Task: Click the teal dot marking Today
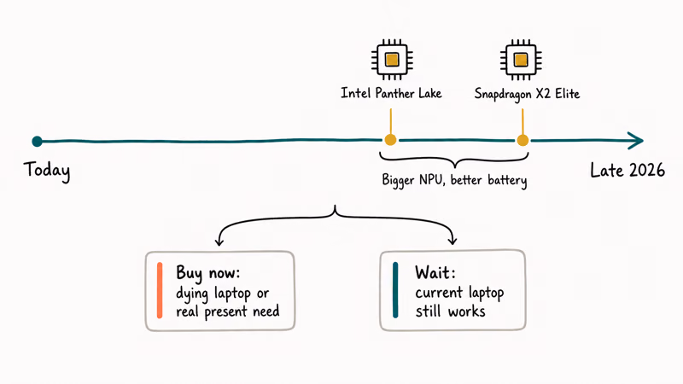(x=37, y=141)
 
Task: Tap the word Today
(x=47, y=170)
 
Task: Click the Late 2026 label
(x=628, y=170)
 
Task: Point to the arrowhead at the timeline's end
(x=638, y=140)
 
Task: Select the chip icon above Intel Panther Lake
(x=392, y=60)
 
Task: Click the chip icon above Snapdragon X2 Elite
(x=521, y=60)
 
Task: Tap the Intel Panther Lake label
(x=391, y=93)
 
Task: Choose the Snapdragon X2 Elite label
(x=527, y=94)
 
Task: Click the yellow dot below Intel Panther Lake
(x=390, y=140)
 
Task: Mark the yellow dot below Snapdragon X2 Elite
(x=522, y=140)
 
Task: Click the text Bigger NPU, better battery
(x=454, y=180)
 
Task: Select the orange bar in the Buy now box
(x=160, y=290)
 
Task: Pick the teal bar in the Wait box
(x=395, y=290)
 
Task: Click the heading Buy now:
(x=207, y=273)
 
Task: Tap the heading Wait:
(x=435, y=272)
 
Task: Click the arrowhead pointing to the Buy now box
(x=219, y=241)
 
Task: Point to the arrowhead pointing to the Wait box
(x=452, y=240)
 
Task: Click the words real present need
(x=228, y=311)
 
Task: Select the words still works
(x=450, y=311)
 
